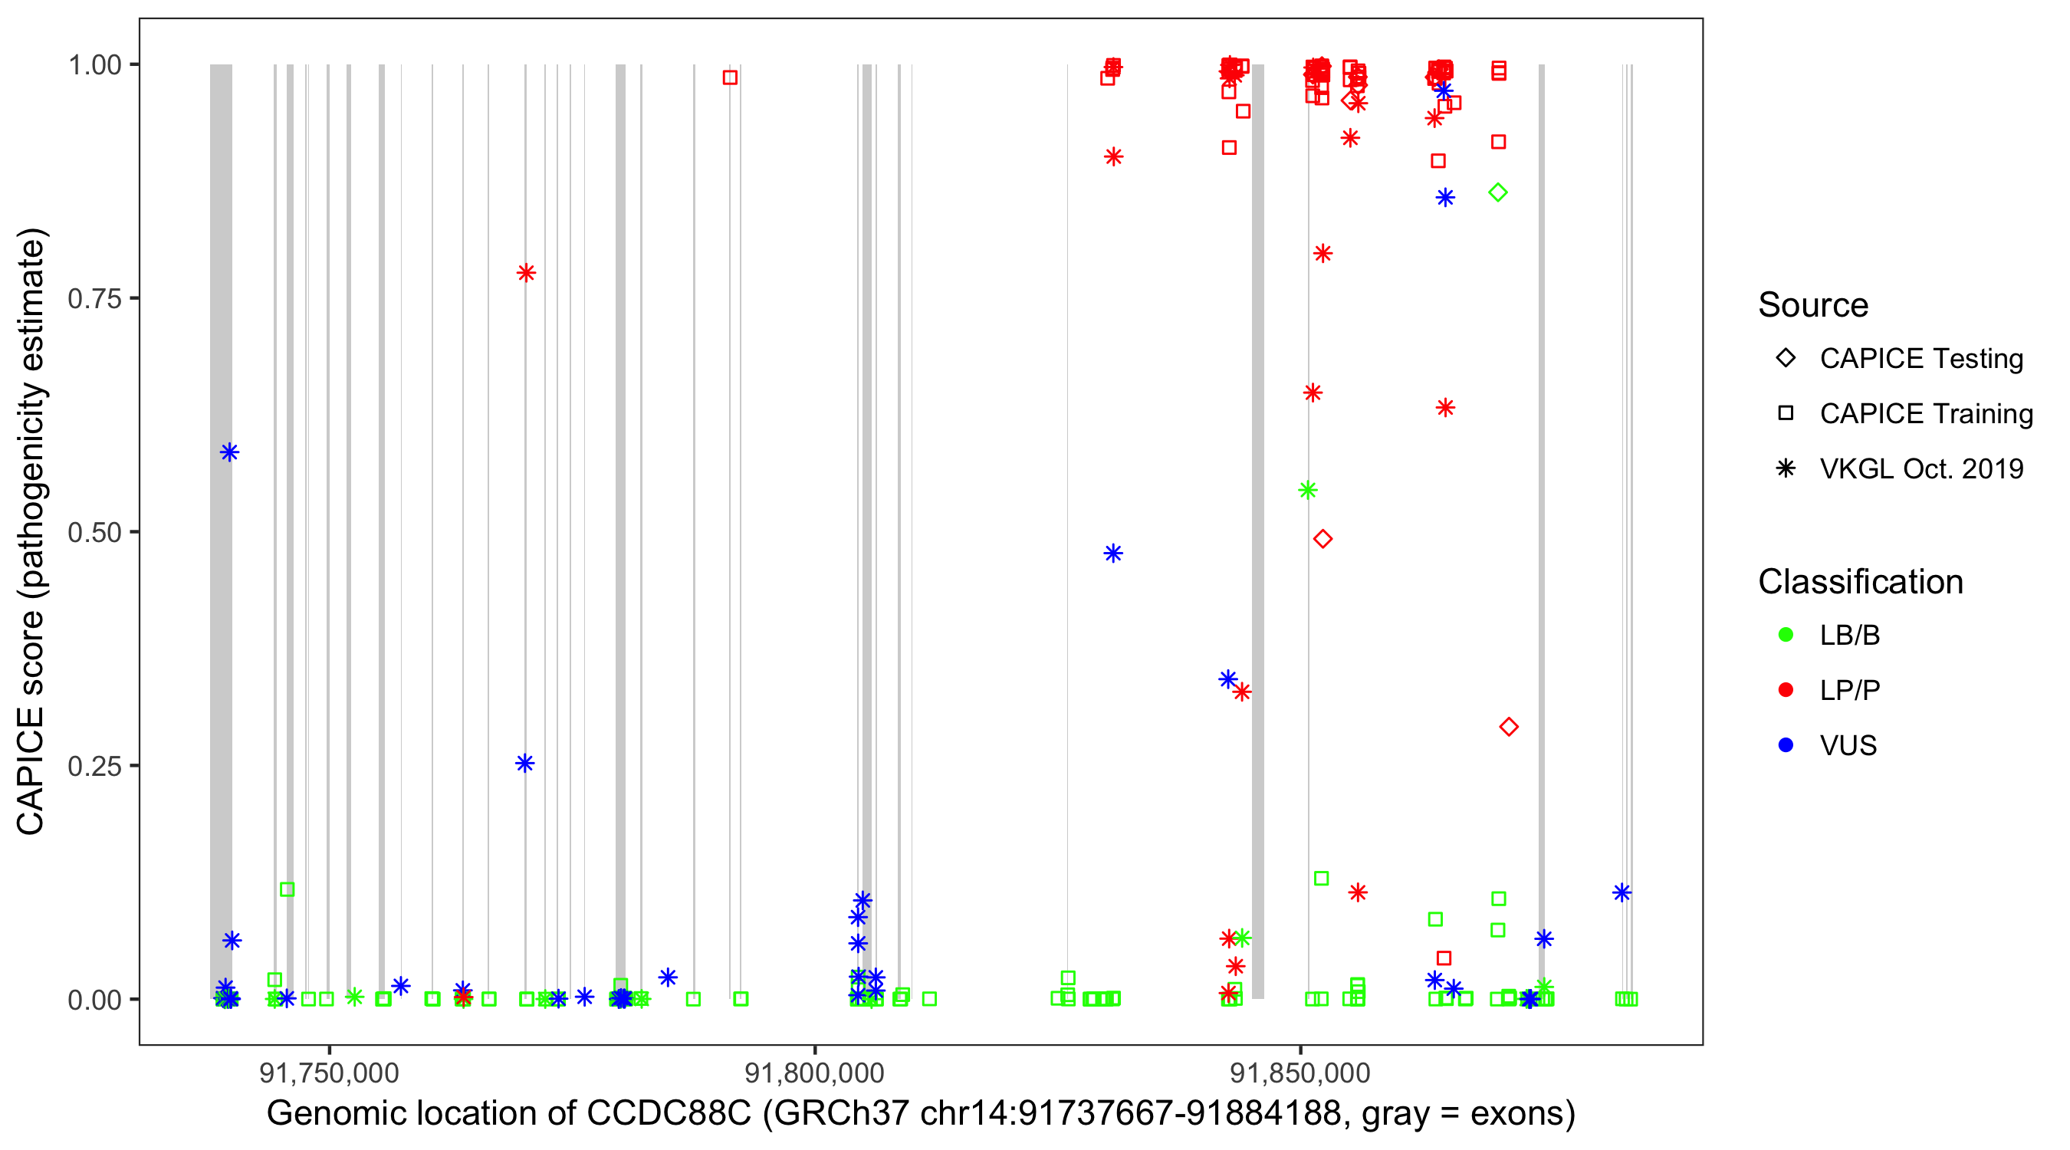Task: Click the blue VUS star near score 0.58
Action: (x=229, y=452)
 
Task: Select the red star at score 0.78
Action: (x=527, y=273)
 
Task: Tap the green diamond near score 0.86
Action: (x=1497, y=193)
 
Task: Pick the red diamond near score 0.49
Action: (x=1322, y=539)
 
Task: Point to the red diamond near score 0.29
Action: (x=1508, y=728)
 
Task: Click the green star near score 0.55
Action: (x=1307, y=490)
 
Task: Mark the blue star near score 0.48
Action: (x=1113, y=554)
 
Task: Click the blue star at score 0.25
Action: (x=524, y=764)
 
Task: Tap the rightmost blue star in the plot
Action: (x=1621, y=893)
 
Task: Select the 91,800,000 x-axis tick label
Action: (x=814, y=1073)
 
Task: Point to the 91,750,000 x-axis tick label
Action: (x=329, y=1073)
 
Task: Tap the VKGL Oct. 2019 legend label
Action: (x=1921, y=469)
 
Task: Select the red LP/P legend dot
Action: (x=1786, y=690)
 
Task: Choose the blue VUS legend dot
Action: (x=1786, y=746)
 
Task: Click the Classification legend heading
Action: (x=1860, y=582)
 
